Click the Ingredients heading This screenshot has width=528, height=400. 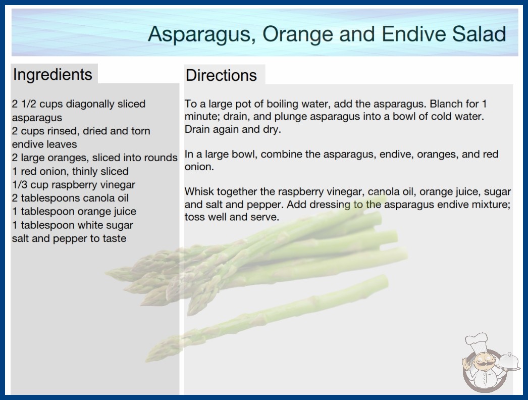52,75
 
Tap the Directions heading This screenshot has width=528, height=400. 221,75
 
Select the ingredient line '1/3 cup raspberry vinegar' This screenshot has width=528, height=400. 73,185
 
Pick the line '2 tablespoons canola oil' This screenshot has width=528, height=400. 70,198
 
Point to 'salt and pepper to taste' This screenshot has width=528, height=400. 69,238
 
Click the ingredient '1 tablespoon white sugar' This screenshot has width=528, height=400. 72,225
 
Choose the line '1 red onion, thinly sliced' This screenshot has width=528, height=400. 70,171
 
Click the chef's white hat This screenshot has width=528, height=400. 477,342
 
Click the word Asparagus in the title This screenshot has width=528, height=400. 200,34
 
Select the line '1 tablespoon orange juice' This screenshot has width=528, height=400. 74,211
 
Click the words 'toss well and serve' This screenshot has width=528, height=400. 232,217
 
